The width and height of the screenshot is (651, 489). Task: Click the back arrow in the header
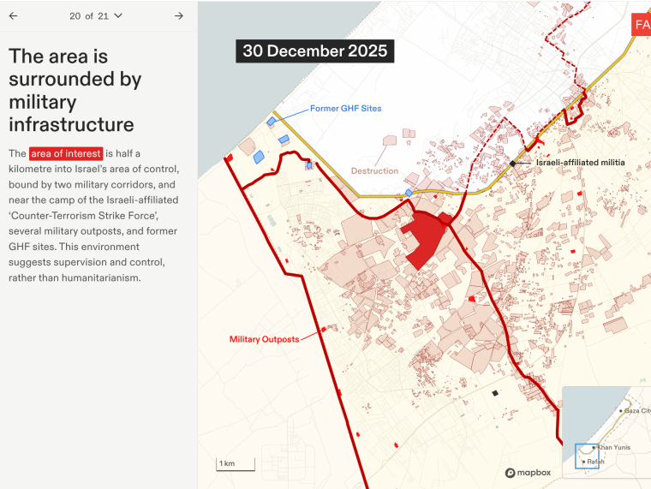point(13,15)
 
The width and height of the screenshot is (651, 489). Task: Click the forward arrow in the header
point(179,15)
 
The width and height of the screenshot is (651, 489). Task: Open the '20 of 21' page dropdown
point(96,15)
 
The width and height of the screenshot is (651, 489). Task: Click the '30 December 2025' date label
point(314,51)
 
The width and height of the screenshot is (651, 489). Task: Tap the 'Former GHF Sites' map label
point(346,109)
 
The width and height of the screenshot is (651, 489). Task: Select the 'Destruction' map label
point(374,171)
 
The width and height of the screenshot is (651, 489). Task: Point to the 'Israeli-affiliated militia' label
point(580,163)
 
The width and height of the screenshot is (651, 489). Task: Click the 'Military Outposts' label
point(264,339)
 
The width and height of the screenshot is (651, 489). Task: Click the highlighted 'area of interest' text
point(66,153)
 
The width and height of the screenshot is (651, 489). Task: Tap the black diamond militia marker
point(513,163)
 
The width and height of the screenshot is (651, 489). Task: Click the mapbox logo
point(529,473)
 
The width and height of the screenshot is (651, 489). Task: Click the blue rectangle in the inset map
point(587,456)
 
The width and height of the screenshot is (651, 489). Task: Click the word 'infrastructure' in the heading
point(71,125)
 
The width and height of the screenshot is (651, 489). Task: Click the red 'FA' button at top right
point(642,25)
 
